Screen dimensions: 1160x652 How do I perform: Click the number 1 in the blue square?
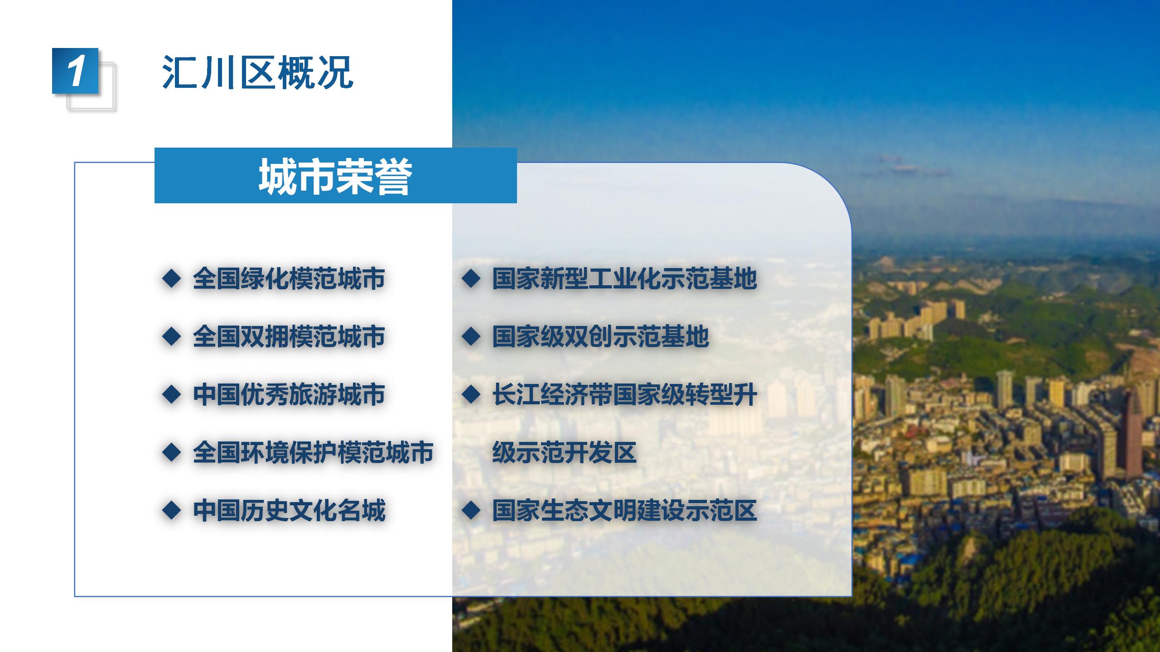coord(76,71)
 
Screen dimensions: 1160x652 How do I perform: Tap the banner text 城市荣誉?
coord(335,176)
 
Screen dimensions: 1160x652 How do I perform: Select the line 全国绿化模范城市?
coord(289,278)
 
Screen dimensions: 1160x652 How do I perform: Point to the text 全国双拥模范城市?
coord(289,336)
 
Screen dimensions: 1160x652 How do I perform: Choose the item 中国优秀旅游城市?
coord(289,394)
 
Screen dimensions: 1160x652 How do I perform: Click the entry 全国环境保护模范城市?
coord(313,452)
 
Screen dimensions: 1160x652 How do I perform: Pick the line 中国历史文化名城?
coord(289,510)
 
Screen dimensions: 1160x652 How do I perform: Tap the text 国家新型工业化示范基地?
coord(625,278)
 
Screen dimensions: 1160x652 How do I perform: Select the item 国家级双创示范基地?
coord(601,336)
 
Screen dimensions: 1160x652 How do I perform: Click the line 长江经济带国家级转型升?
coord(625,394)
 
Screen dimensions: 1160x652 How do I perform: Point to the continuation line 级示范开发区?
coord(565,452)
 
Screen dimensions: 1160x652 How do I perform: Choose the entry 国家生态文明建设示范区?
coord(625,510)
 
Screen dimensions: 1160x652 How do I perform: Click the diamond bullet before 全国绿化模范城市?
coord(172,278)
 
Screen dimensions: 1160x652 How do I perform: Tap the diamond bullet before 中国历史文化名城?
coord(172,510)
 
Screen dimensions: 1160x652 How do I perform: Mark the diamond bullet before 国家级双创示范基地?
coord(471,336)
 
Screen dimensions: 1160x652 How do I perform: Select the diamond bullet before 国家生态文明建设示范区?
coord(471,510)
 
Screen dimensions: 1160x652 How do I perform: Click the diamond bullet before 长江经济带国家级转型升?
coord(471,394)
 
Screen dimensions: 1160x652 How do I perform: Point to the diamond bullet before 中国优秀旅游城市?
coord(172,394)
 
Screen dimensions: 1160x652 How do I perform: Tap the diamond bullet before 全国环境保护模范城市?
coord(172,452)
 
